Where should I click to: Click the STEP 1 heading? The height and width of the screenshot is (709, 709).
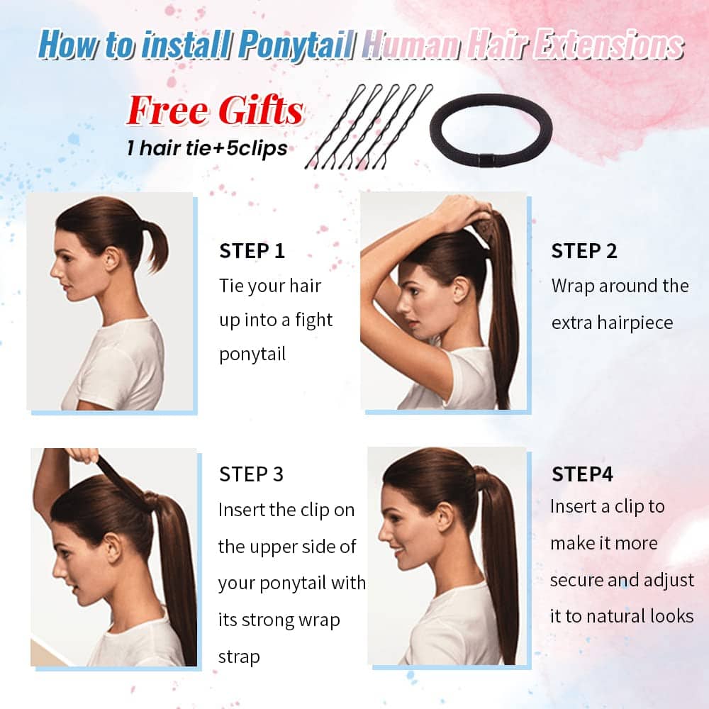pyautogui.click(x=252, y=251)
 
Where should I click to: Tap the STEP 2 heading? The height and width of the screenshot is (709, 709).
pyautogui.click(x=584, y=251)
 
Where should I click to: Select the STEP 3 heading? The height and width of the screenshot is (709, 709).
pyautogui.click(x=252, y=474)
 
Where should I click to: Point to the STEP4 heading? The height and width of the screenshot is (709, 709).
pyautogui.click(x=582, y=474)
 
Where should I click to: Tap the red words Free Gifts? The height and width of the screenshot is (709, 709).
pyautogui.click(x=215, y=111)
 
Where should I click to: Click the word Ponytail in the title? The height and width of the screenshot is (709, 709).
pyautogui.click(x=296, y=45)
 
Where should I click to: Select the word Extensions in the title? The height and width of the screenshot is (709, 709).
pyautogui.click(x=608, y=45)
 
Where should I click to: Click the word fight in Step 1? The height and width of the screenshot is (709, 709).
pyautogui.click(x=314, y=320)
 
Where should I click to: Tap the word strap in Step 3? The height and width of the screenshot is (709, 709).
pyautogui.click(x=239, y=657)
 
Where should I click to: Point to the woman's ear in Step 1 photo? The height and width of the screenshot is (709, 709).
pyautogui.click(x=112, y=258)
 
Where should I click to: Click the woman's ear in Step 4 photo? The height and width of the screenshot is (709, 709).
pyautogui.click(x=445, y=517)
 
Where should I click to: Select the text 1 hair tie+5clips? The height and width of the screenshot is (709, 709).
pyautogui.click(x=207, y=148)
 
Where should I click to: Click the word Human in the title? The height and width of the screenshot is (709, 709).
pyautogui.click(x=412, y=45)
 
